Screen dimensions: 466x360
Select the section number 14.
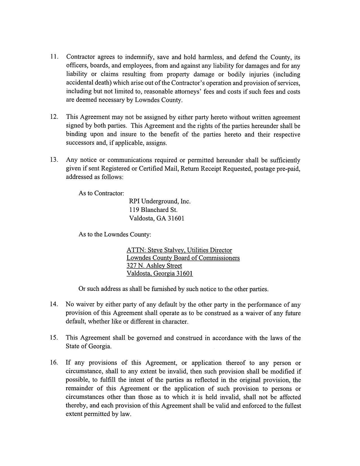[x=54, y=304]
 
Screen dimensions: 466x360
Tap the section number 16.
[x=54, y=363]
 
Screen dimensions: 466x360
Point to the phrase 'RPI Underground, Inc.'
[x=160, y=201]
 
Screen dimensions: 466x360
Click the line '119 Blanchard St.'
[x=153, y=210]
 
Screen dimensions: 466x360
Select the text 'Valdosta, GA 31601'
[x=156, y=218]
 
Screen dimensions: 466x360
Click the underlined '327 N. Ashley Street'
[x=154, y=266]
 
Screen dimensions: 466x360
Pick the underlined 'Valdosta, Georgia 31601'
[x=160, y=273]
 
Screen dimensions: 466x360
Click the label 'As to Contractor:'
[x=101, y=193]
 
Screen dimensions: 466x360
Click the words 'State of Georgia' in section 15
[x=88, y=346]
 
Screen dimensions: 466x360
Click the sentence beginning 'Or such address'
[x=173, y=289]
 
